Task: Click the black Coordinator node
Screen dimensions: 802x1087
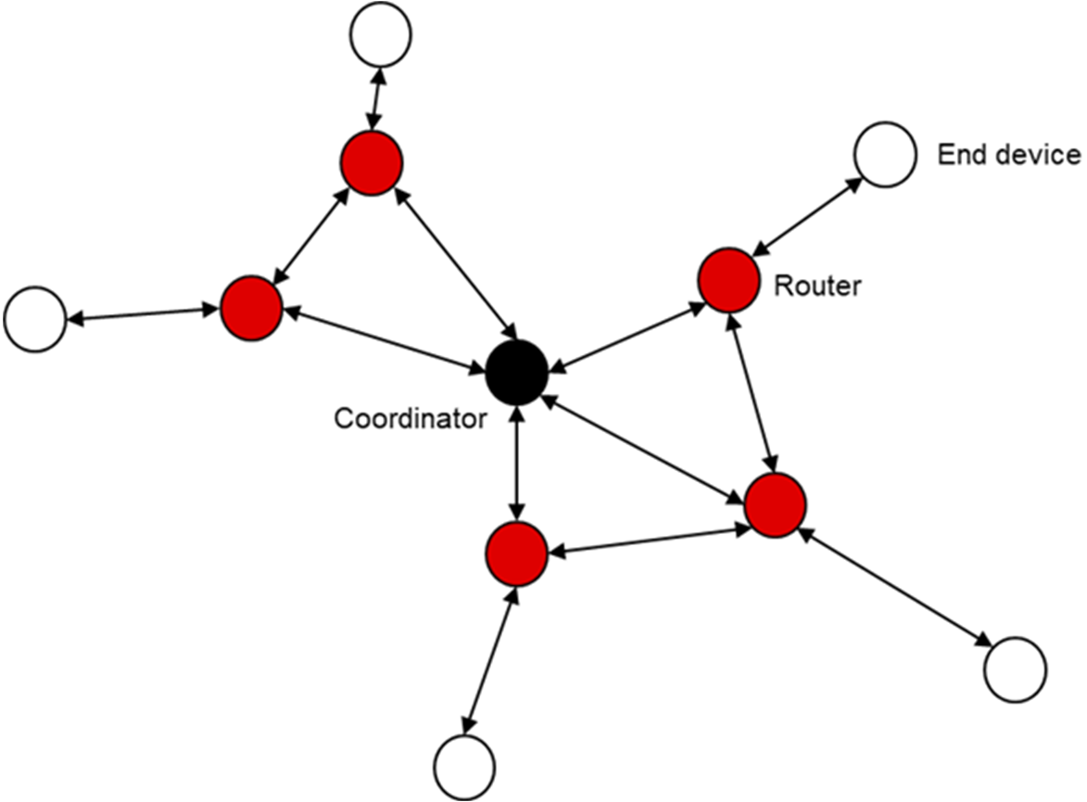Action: point(517,373)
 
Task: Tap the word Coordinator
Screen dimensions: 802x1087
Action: point(411,419)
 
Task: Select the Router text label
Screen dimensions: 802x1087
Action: point(817,286)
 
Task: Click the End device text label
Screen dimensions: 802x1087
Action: point(1009,154)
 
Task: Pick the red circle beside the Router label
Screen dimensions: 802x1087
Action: point(729,279)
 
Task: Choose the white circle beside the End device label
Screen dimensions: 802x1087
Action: point(885,154)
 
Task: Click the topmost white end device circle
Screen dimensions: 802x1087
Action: point(380,34)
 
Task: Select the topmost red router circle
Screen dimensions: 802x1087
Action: point(371,163)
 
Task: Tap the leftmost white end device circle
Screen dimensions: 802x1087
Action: point(35,320)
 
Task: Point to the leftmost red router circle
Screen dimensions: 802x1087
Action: point(251,308)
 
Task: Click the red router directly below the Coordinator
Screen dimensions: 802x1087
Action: point(516,554)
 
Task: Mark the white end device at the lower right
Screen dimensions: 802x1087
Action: point(1015,668)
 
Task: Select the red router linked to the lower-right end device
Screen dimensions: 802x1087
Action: point(775,504)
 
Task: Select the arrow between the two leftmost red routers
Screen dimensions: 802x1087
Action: point(310,236)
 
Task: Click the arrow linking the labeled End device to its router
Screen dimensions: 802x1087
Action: point(804,214)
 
